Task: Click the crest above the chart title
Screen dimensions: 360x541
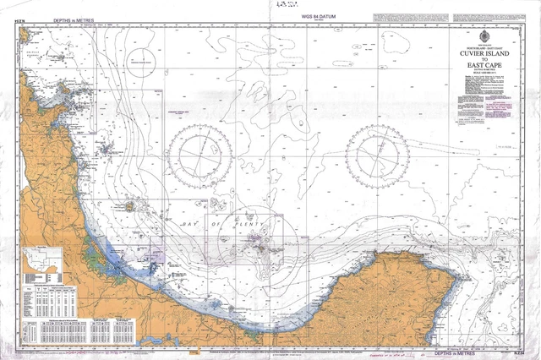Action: [x=484, y=37]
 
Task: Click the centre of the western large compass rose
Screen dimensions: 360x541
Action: [x=199, y=156]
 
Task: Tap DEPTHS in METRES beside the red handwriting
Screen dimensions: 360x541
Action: [x=453, y=346]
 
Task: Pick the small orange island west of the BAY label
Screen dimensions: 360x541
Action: [x=129, y=205]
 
